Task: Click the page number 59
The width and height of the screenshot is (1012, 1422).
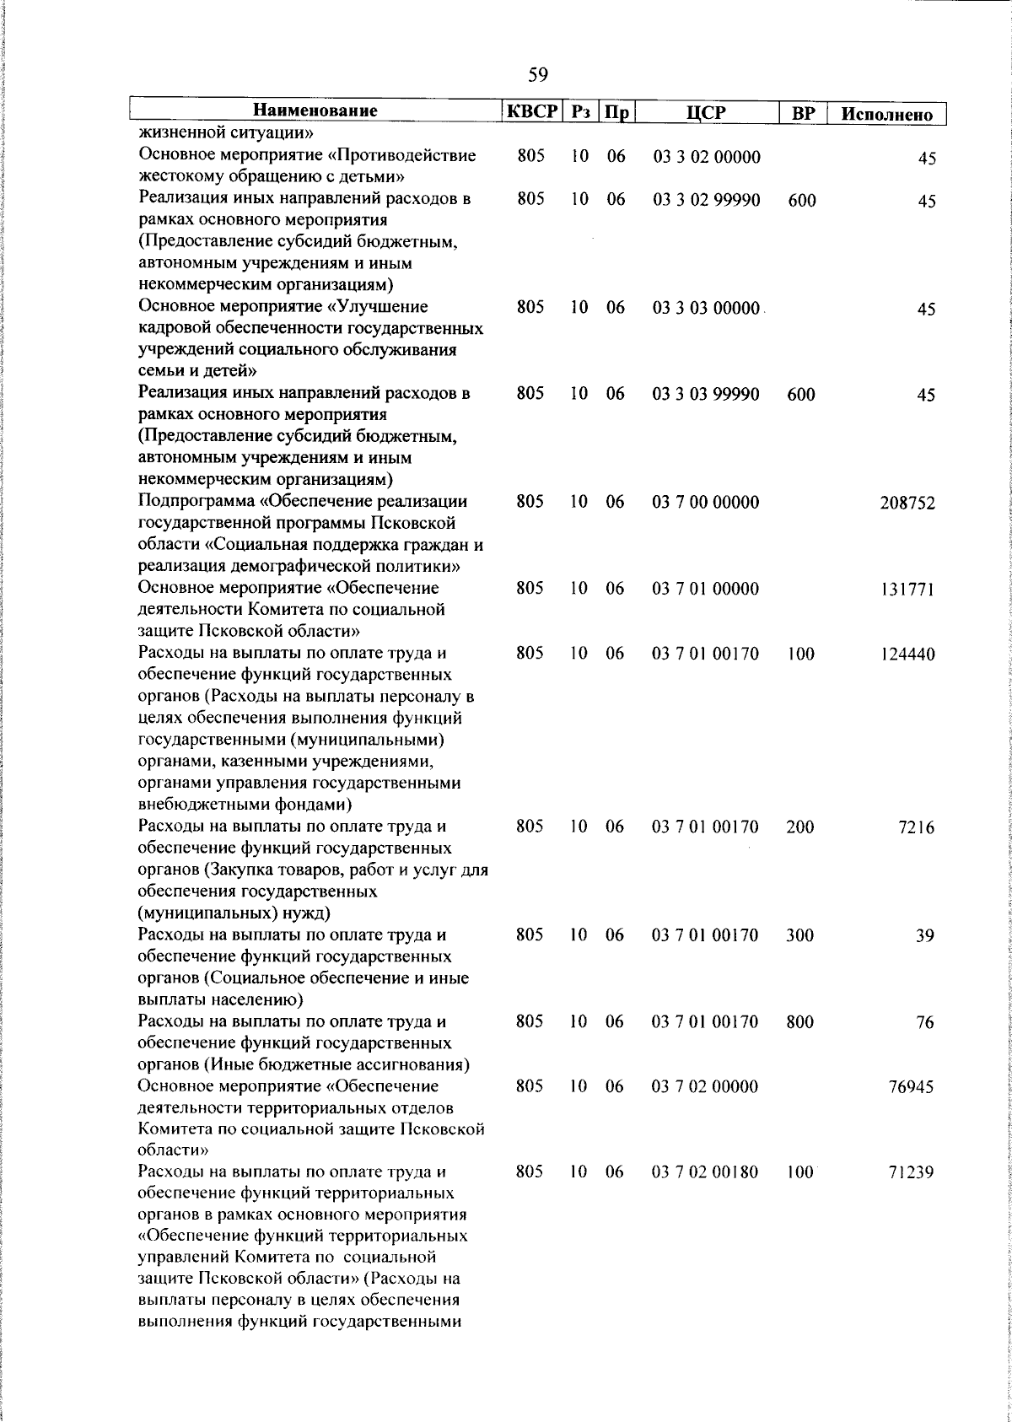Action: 538,76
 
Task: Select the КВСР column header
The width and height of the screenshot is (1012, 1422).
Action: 531,111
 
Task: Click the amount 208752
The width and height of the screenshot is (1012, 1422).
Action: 907,504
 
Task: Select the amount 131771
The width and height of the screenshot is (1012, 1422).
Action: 907,590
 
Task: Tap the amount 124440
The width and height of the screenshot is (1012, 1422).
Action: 907,654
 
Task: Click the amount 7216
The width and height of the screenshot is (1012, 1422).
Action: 917,828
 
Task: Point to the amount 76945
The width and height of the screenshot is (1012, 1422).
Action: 911,1087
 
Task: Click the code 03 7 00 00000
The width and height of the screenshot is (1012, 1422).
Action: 706,503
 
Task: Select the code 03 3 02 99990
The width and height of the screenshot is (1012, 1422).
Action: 706,200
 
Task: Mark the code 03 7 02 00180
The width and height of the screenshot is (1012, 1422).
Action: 706,1172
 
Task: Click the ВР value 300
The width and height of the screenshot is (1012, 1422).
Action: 799,935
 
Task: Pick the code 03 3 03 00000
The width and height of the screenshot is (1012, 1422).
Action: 706,309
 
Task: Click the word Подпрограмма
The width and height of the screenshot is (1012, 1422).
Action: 196,503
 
